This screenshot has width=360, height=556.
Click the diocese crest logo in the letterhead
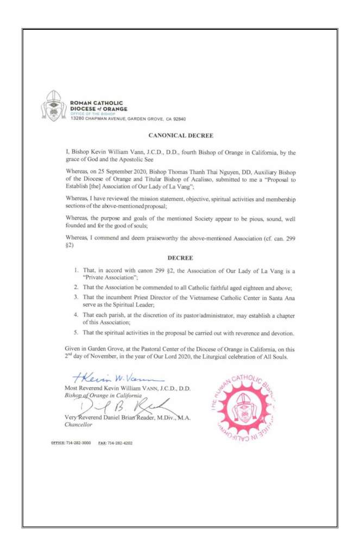click(53, 106)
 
